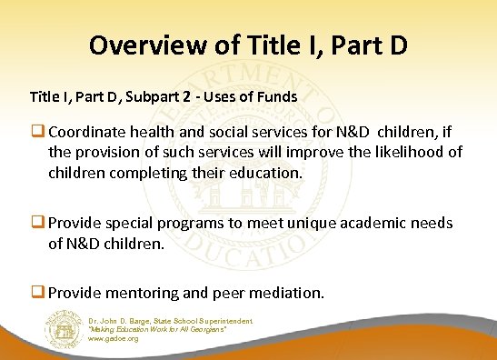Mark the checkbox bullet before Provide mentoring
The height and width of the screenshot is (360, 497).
click(39, 293)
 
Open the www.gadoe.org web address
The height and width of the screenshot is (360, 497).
click(114, 338)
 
